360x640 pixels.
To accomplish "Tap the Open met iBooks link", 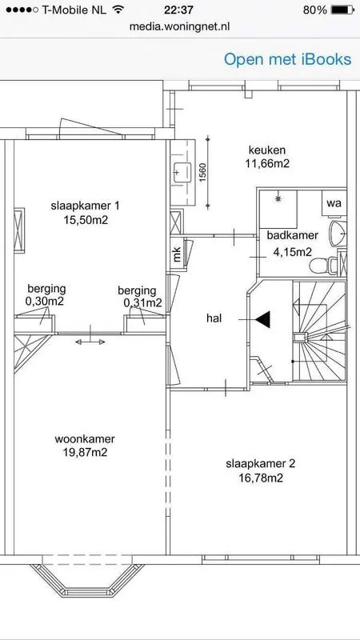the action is point(287,59).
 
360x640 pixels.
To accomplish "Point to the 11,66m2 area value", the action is point(267,163).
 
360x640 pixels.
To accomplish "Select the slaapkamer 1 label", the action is point(86,206).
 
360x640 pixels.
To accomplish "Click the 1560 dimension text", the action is point(202,172).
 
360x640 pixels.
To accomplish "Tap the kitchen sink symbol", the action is point(182,172).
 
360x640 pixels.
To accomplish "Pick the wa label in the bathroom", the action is point(334,203).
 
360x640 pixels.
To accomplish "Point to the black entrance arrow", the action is point(263,319).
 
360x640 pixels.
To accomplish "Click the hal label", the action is point(214,318).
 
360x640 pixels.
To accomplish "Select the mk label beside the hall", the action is point(177,255).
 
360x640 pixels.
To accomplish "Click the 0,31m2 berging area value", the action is point(143,303).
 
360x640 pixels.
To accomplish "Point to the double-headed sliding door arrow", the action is point(90,342).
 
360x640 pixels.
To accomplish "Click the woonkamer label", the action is point(85,438).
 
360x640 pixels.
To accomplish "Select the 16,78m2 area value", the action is point(261,478).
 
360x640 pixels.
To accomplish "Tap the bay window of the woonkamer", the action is point(87,579).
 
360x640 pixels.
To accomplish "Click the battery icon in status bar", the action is point(342,10).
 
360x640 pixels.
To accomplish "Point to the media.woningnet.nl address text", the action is point(179,26).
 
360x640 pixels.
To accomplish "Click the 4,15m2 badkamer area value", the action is point(292,252).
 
